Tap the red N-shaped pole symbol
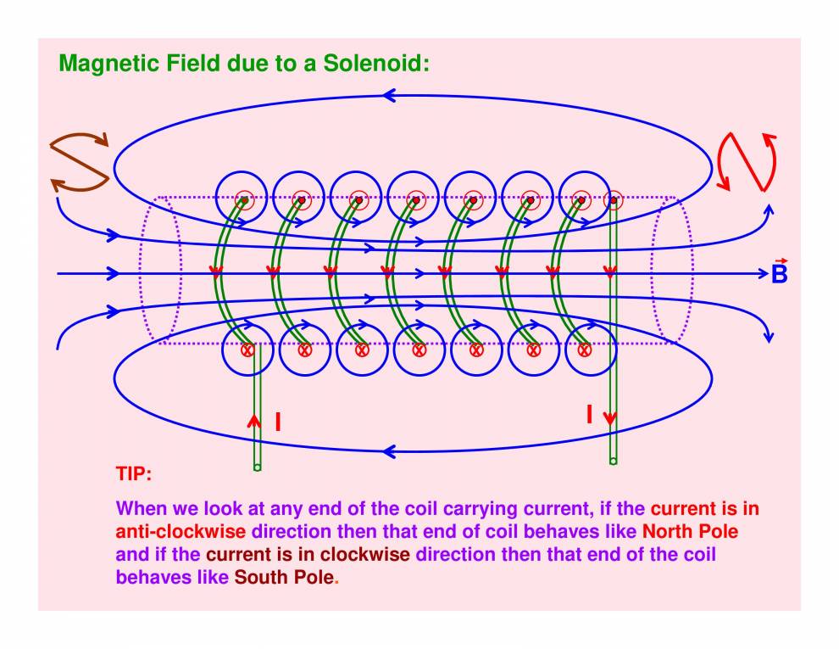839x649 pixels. tap(747, 161)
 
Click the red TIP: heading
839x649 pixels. tap(133, 473)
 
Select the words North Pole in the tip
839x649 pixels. tap(690, 533)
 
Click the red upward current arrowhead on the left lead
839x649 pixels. tap(253, 420)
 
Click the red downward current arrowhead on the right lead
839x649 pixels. tap(610, 417)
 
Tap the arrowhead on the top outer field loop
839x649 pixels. tap(389, 96)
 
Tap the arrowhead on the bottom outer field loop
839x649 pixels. tap(389, 450)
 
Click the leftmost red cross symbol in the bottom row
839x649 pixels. tap(247, 350)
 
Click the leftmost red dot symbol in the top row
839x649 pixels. tap(244, 200)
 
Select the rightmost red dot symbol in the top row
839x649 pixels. tap(613, 201)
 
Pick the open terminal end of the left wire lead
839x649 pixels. tap(257, 467)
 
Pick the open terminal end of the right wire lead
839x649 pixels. tap(613, 461)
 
